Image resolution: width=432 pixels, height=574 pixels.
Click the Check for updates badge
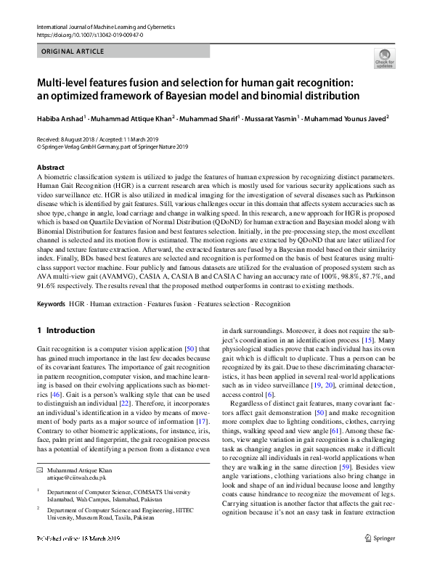tap(384, 58)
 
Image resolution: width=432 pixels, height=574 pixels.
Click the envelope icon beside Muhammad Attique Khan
tap(41, 471)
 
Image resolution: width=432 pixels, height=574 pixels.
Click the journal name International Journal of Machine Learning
tap(105, 27)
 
